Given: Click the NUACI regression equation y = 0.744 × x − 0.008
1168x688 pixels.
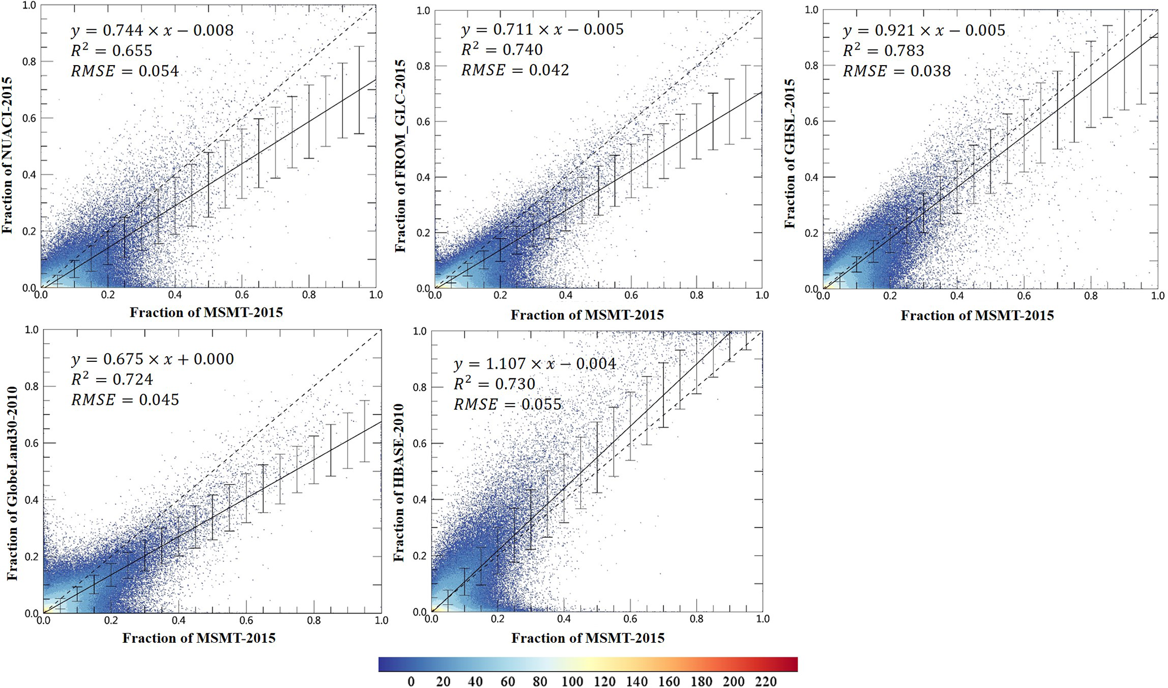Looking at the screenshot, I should [x=152, y=31].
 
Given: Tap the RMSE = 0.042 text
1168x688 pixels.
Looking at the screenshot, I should [x=515, y=70].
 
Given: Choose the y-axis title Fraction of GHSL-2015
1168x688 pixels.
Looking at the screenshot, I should [x=789, y=154].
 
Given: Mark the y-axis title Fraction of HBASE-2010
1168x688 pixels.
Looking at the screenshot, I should [x=399, y=483].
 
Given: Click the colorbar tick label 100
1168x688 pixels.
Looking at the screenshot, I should [x=572, y=682].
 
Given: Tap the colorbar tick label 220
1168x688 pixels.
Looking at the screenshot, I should [x=766, y=682].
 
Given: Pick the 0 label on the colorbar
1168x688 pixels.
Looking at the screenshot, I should [x=411, y=682].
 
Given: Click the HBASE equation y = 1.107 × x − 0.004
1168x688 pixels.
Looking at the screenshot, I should [x=535, y=364].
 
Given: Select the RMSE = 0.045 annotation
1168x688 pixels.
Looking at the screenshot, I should [x=125, y=400].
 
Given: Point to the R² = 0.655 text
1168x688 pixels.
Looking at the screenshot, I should [x=111, y=51].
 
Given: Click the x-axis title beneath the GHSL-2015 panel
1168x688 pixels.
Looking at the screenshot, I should [x=977, y=315].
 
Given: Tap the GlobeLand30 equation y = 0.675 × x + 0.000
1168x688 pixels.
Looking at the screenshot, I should [x=152, y=359].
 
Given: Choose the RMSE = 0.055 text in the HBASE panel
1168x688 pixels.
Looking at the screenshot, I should [x=507, y=405].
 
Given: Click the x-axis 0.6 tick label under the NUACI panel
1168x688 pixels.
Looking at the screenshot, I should [x=242, y=295].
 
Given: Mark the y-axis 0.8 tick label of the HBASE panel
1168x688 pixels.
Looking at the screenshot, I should [x=419, y=387].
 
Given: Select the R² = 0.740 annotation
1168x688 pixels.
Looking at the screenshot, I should [x=502, y=50].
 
